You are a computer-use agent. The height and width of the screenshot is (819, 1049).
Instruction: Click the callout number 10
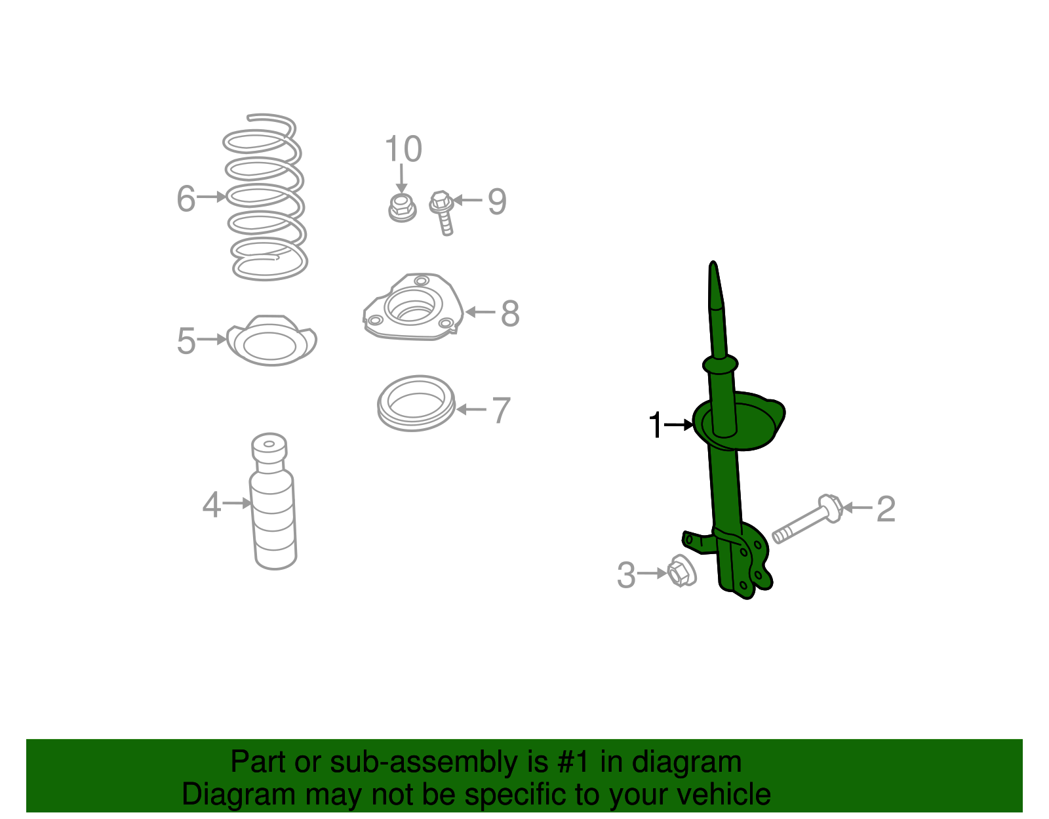click(x=403, y=150)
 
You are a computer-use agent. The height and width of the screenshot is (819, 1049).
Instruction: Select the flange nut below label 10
click(x=401, y=207)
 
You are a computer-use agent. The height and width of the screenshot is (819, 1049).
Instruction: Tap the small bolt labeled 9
click(x=443, y=211)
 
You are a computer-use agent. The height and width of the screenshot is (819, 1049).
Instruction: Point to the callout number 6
click(x=186, y=198)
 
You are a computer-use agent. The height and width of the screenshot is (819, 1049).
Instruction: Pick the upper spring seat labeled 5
click(x=271, y=341)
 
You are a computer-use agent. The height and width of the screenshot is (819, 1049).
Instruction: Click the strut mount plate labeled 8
click(x=413, y=308)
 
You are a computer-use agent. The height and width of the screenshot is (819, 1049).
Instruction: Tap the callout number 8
click(x=510, y=313)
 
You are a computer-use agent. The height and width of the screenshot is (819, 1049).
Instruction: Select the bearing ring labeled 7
click(x=416, y=403)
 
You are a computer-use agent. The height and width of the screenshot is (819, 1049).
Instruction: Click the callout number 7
click(x=501, y=410)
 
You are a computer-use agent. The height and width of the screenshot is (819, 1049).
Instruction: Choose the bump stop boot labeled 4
click(x=273, y=505)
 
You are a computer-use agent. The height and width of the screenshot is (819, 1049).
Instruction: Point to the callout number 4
click(x=211, y=505)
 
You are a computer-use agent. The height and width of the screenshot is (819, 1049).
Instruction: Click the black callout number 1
click(x=655, y=425)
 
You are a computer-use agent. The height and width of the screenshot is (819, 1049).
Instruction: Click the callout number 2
click(x=886, y=509)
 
